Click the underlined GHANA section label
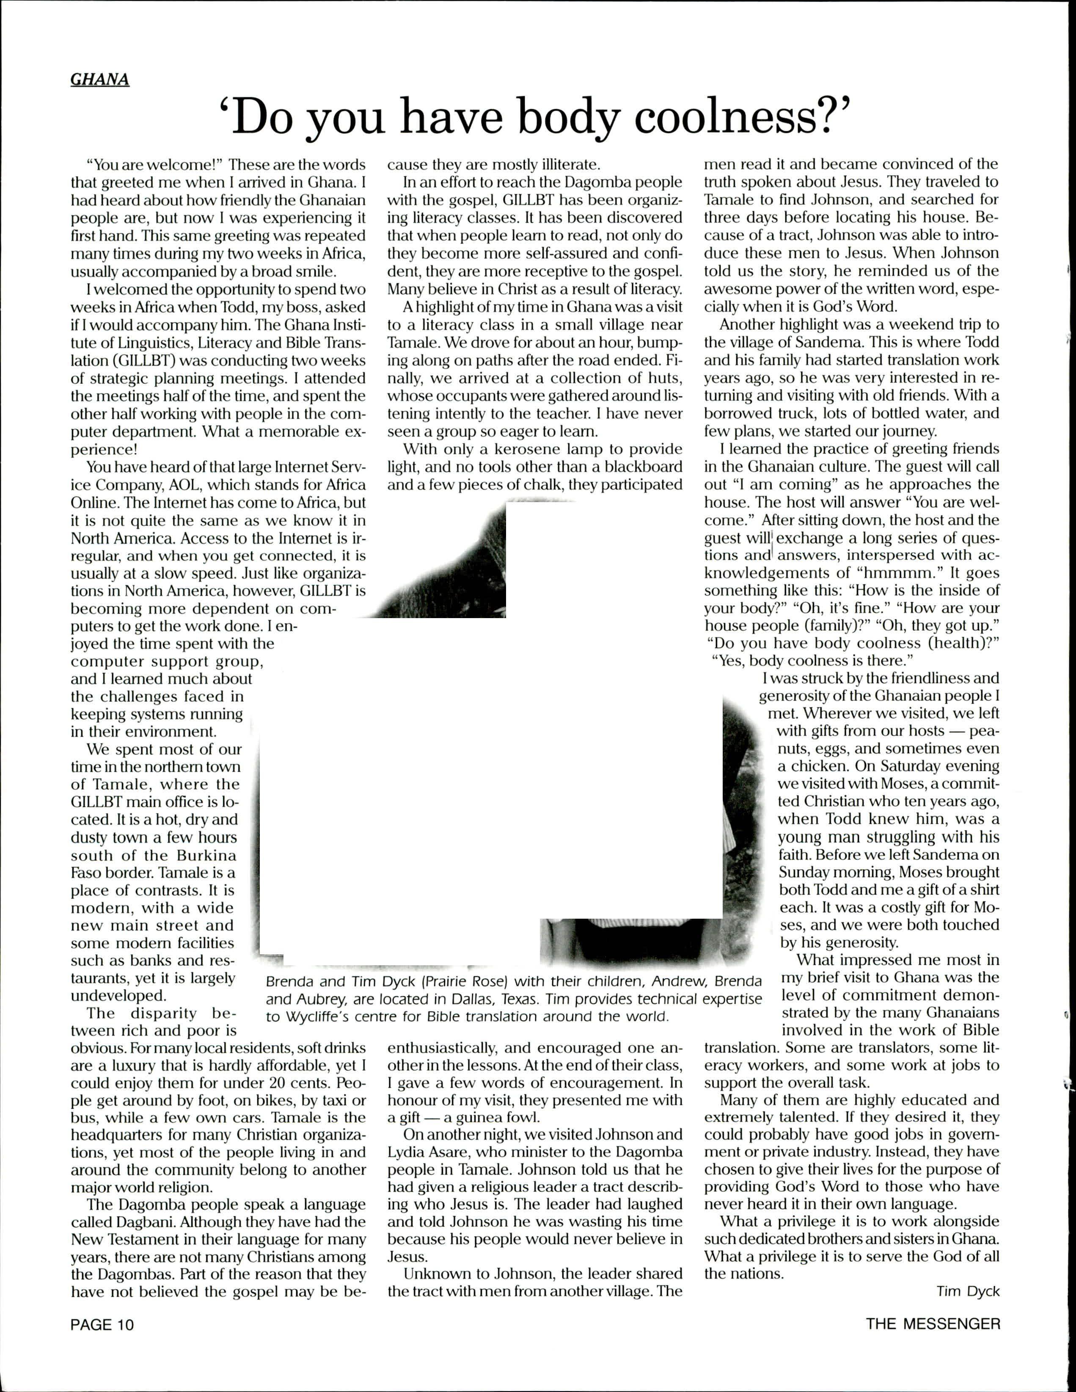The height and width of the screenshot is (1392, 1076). tap(100, 80)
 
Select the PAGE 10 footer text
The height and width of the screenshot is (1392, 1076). tap(102, 1325)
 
